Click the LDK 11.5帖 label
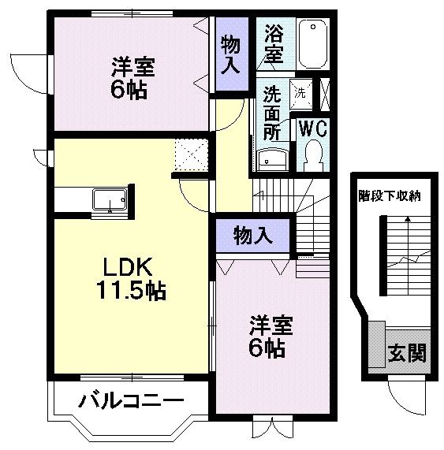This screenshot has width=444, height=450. point(131,278)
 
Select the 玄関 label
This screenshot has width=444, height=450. point(407,353)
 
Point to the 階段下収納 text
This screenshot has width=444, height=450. point(389,195)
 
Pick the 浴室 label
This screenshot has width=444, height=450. point(274,44)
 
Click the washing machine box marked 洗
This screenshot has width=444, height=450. point(300,91)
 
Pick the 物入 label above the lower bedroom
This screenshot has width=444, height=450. point(253,235)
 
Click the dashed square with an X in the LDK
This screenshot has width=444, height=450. point(192,154)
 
